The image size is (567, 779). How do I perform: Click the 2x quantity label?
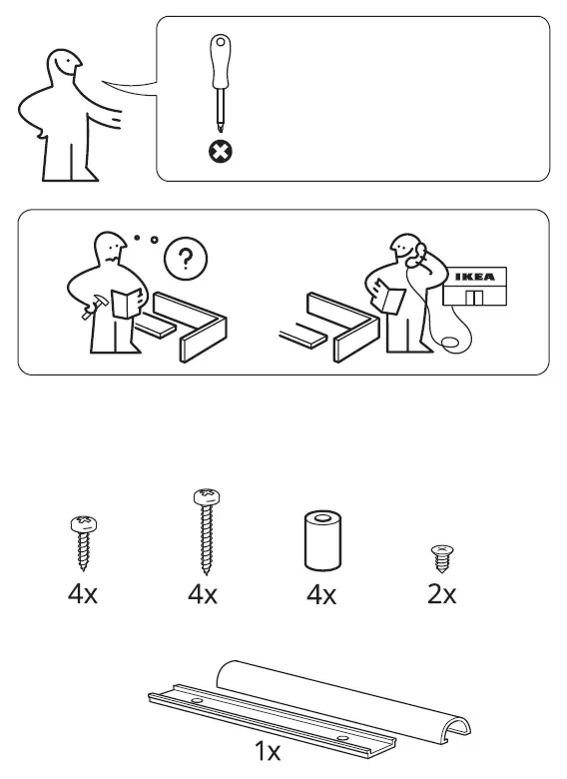tap(440, 595)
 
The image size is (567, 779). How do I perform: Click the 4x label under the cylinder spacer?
tap(320, 595)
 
